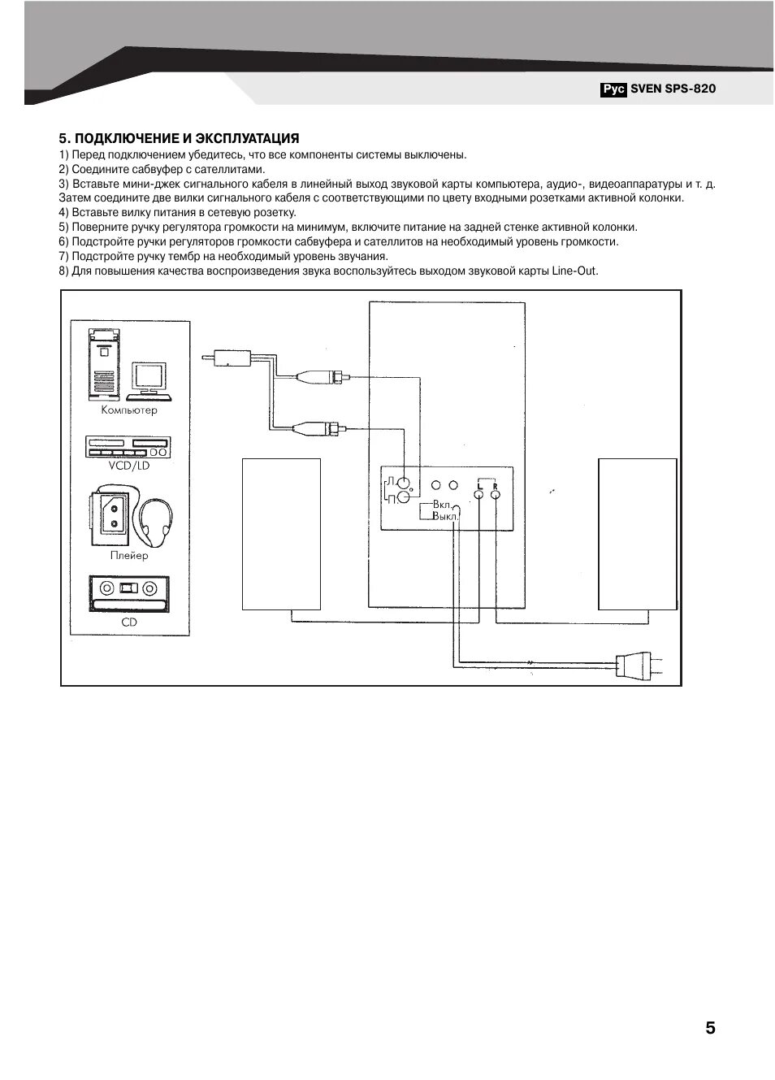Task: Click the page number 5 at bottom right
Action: pyautogui.click(x=710, y=1028)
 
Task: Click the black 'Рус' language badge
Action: pyautogui.click(x=614, y=89)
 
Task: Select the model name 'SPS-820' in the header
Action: pyautogui.click(x=691, y=89)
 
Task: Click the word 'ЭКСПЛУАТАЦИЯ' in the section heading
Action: pyautogui.click(x=249, y=139)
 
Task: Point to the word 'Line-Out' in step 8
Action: pyautogui.click(x=574, y=271)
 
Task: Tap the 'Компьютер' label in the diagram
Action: pyautogui.click(x=129, y=410)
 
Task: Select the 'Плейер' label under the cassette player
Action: pyautogui.click(x=129, y=556)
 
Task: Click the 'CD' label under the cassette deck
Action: pyautogui.click(x=129, y=622)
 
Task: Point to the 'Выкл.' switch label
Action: pyautogui.click(x=444, y=516)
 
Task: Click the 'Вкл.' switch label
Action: pyautogui.click(x=442, y=505)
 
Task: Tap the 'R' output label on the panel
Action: pyautogui.click(x=495, y=485)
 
